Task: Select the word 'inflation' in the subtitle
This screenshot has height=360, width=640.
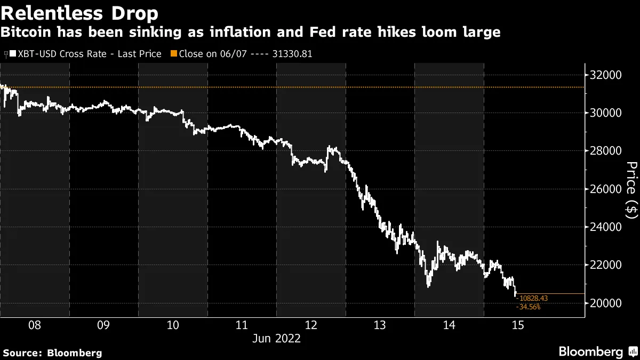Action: [258, 33]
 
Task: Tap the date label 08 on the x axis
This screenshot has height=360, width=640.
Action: [35, 325]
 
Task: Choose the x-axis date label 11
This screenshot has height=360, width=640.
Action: [242, 325]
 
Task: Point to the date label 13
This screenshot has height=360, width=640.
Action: [380, 325]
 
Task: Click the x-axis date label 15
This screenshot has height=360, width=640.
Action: [518, 325]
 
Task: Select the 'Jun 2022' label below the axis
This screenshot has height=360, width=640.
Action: [276, 338]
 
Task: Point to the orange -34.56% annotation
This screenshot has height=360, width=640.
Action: [529, 307]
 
